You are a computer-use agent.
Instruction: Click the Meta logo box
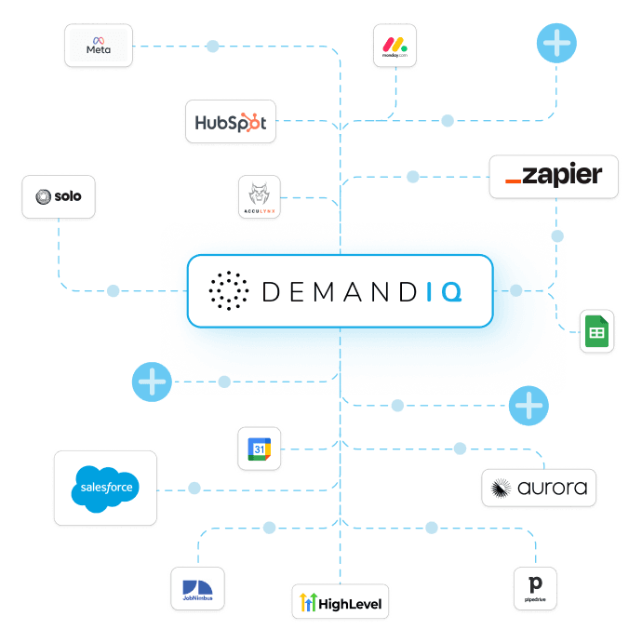tap(99, 46)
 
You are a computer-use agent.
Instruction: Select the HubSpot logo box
tap(231, 122)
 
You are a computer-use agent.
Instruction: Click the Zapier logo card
tap(553, 176)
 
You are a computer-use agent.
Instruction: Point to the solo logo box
tap(58, 196)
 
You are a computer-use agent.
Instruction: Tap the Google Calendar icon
tap(258, 449)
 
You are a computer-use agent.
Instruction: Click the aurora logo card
tap(539, 488)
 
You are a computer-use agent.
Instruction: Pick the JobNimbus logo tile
tap(198, 588)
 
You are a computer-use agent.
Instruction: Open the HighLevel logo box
tap(337, 603)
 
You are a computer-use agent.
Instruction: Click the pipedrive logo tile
tap(535, 588)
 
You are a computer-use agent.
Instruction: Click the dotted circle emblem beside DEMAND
tap(229, 291)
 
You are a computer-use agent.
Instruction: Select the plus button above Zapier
tap(556, 43)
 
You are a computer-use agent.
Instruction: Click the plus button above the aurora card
tap(528, 406)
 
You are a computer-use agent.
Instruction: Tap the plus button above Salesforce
tap(151, 382)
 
